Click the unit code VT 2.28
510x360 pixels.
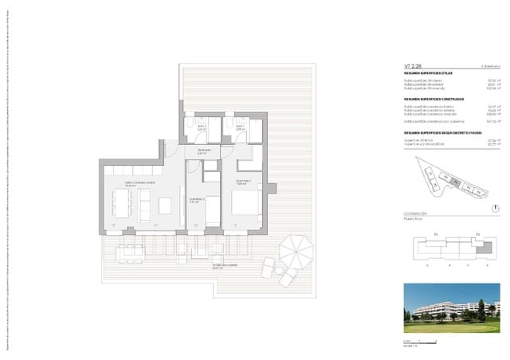tap(412, 67)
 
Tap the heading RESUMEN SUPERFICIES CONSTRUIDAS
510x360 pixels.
tap(433, 100)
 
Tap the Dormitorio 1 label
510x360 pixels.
tap(243, 182)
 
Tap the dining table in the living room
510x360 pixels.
tap(124, 205)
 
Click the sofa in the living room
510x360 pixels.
tap(145, 206)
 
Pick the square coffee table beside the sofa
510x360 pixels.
tap(164, 205)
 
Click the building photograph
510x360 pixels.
tap(451, 307)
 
